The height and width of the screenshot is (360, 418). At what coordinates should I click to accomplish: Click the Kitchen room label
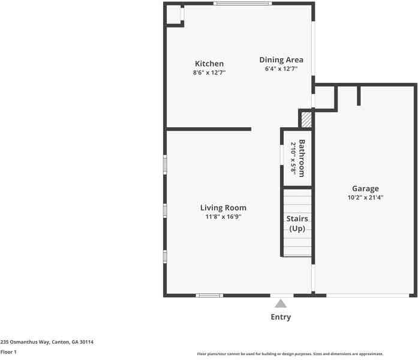pyautogui.click(x=209, y=64)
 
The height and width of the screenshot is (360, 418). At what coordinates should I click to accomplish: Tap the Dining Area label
pyautogui.click(x=281, y=59)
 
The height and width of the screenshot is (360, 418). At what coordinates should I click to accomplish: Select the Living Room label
pyautogui.click(x=224, y=208)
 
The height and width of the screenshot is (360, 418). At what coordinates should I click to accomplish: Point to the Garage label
pyautogui.click(x=365, y=188)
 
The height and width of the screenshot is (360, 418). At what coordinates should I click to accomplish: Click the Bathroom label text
pyautogui.click(x=302, y=158)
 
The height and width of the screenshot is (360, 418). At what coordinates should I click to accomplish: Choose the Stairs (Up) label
pyautogui.click(x=297, y=224)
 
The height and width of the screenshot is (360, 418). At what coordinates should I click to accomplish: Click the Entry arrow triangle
pyautogui.click(x=281, y=304)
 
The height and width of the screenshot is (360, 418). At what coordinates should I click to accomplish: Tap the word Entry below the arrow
pyautogui.click(x=281, y=317)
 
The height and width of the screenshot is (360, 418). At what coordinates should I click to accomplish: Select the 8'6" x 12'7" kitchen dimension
pyautogui.click(x=209, y=73)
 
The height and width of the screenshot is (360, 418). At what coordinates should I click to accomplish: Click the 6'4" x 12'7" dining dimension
pyautogui.click(x=281, y=69)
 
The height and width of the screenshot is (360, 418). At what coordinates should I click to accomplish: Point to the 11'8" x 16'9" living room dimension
pyautogui.click(x=224, y=217)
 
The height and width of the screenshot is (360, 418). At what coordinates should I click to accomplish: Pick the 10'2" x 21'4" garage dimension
pyautogui.click(x=365, y=197)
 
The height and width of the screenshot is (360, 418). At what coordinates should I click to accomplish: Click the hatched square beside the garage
pyautogui.click(x=306, y=119)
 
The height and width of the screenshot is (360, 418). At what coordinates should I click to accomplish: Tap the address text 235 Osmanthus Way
pyautogui.click(x=47, y=342)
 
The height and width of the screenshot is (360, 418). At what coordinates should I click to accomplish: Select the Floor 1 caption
pyautogui.click(x=8, y=352)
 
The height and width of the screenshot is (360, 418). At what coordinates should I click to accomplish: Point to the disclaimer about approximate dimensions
pyautogui.click(x=290, y=354)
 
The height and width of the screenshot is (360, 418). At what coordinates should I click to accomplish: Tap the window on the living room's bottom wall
pyautogui.click(x=209, y=295)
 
